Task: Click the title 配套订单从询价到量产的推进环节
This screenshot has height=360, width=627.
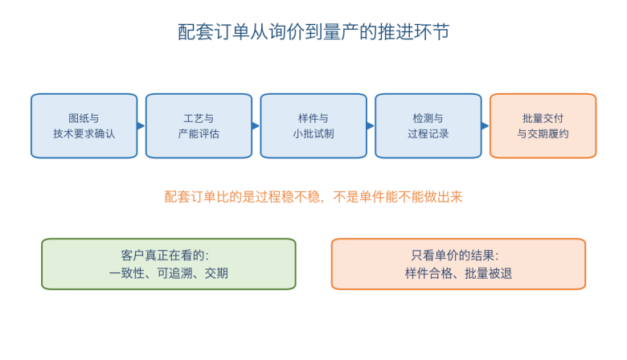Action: [313, 32]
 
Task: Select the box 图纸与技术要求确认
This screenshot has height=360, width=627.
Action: [84, 126]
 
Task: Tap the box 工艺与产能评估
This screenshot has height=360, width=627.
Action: [199, 126]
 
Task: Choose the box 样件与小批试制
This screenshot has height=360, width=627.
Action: [313, 126]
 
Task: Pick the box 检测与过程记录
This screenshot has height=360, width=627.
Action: [428, 126]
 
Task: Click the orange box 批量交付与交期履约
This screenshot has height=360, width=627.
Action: [543, 126]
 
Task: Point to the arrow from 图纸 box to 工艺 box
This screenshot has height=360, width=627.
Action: [141, 126]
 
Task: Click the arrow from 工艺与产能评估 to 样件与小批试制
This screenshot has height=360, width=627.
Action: [256, 126]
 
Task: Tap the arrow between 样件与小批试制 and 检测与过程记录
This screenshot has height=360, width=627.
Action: [371, 126]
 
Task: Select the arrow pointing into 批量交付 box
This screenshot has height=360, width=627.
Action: [486, 126]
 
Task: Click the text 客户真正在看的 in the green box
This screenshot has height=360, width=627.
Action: [162, 256]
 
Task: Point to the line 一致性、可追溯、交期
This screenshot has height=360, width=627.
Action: [168, 273]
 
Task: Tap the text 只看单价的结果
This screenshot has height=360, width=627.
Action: [453, 256]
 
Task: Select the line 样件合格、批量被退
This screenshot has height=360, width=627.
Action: [458, 273]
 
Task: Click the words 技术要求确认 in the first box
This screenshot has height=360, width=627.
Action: [84, 133]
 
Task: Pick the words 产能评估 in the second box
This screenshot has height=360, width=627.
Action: [199, 133]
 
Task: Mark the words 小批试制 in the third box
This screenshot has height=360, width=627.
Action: [313, 133]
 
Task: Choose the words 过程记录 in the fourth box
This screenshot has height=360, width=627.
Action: [428, 133]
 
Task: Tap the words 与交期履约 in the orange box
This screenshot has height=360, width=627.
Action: [543, 133]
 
